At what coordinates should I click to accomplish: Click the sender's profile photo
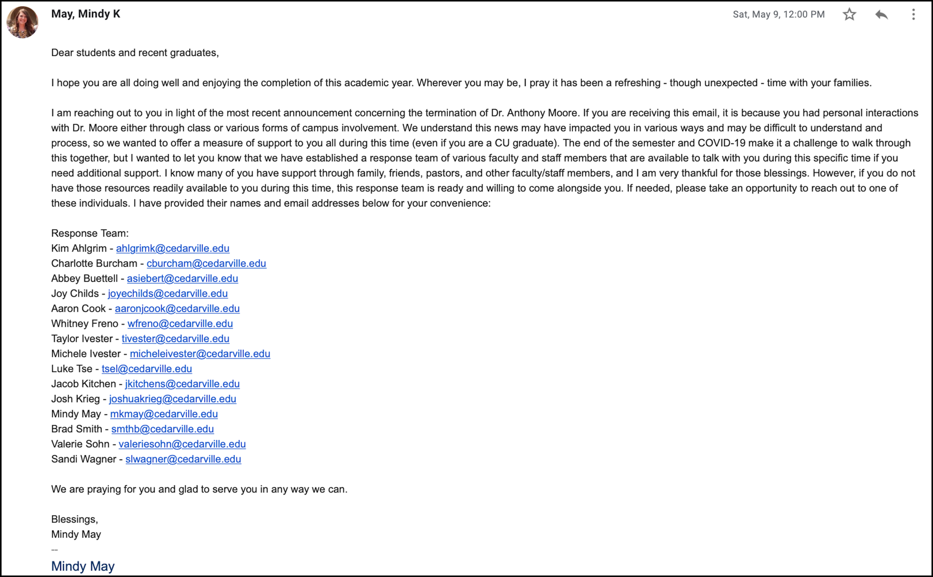(x=22, y=22)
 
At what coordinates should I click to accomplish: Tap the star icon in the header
(x=849, y=14)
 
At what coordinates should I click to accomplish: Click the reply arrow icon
(x=881, y=14)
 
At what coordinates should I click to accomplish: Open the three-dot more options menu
(x=913, y=14)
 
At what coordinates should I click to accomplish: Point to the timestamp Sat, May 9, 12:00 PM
(x=778, y=14)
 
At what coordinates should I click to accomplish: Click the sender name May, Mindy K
(x=85, y=14)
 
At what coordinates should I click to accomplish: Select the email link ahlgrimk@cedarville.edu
(x=172, y=248)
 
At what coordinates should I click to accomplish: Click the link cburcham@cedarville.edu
(x=206, y=263)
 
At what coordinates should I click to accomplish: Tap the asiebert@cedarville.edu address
(x=182, y=278)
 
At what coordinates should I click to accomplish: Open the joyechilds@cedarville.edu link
(x=167, y=293)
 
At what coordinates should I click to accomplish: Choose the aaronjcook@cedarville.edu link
(x=177, y=308)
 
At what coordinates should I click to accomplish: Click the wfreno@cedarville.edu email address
(x=180, y=323)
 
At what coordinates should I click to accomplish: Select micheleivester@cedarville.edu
(x=200, y=353)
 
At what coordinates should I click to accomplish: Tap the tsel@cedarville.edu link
(x=146, y=368)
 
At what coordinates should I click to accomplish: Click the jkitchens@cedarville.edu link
(x=182, y=383)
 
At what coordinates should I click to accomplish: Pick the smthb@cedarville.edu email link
(x=162, y=429)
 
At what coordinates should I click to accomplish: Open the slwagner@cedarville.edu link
(x=183, y=459)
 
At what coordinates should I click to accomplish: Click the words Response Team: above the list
(x=89, y=233)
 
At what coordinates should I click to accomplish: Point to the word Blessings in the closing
(x=74, y=519)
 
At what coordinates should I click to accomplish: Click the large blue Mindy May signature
(x=82, y=566)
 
